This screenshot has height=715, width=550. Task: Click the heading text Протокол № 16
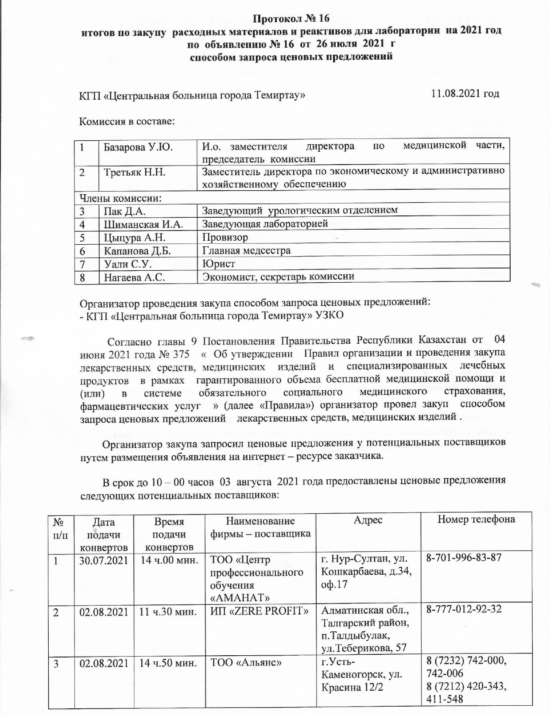point(291,19)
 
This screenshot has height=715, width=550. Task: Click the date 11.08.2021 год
point(465,94)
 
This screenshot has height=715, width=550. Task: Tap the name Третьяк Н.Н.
point(135,172)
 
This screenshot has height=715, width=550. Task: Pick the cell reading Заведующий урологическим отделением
point(300,210)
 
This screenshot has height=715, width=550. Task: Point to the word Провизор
point(225,237)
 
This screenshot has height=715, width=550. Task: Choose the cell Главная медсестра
point(246,250)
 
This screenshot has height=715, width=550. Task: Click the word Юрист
point(218,264)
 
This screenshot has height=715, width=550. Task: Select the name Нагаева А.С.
point(134,277)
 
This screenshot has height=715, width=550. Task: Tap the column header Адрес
point(368,520)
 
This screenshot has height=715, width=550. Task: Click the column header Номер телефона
point(476,519)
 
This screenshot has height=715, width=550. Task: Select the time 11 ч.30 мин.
point(168,610)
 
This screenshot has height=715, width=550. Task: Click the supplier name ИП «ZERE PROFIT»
point(260,610)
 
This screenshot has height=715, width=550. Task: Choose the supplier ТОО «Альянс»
point(247,663)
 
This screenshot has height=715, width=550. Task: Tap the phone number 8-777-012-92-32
point(464,609)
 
